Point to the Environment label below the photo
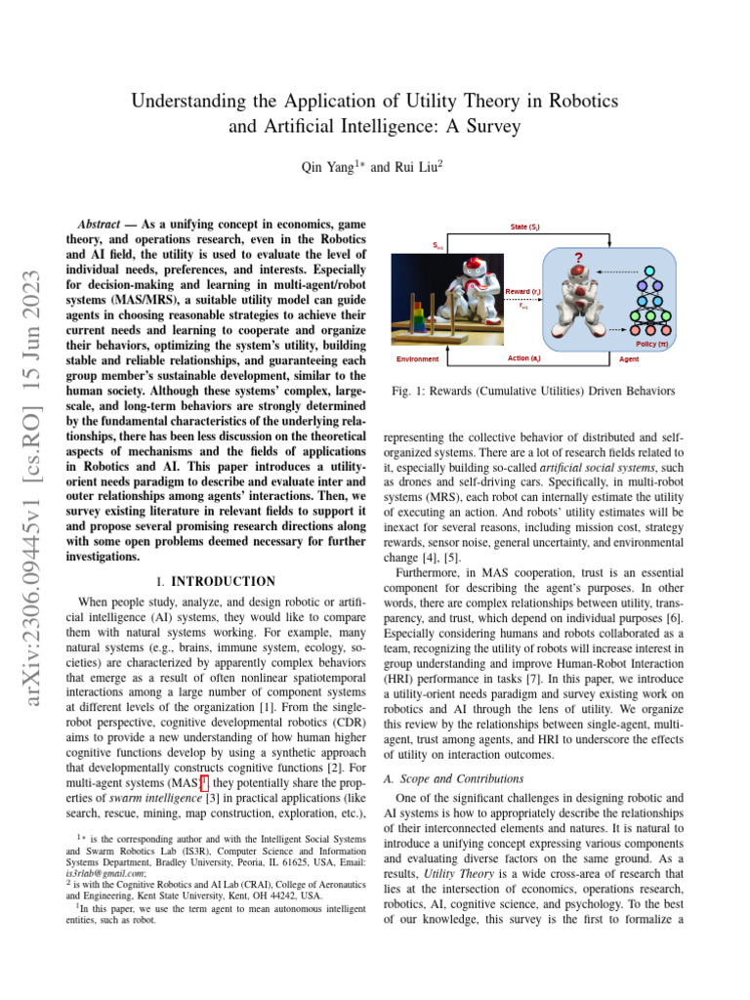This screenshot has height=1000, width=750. (418, 358)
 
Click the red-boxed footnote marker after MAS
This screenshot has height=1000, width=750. (203, 784)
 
